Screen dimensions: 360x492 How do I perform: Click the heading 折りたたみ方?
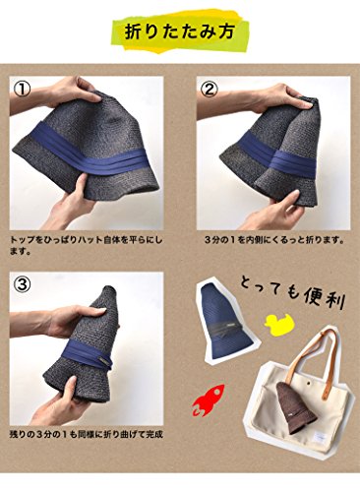pos(179,31)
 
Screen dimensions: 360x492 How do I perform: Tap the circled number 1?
pos(22,90)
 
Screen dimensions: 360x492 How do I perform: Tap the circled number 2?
pos(209,90)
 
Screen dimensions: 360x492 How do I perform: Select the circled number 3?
pos(22,284)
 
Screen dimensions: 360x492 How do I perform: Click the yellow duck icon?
pos(279,325)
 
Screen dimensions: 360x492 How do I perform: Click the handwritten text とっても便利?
pos(292,293)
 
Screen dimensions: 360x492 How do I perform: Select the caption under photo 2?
pos(274,240)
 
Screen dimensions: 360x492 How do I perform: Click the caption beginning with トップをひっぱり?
pos(87,246)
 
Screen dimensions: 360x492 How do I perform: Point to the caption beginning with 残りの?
pos(87,435)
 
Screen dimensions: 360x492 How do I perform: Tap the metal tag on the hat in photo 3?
pos(104,361)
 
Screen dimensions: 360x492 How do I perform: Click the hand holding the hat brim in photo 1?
pos(68,199)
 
